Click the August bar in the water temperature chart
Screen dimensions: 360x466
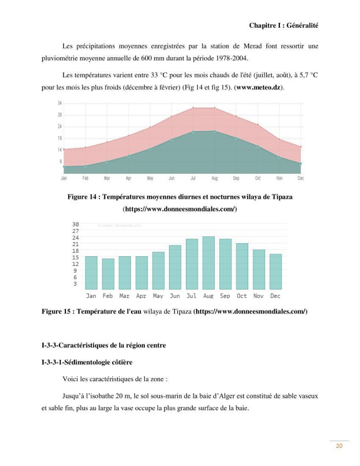(209, 263)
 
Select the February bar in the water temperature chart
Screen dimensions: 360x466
(108, 274)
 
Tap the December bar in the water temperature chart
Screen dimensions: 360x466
(276, 272)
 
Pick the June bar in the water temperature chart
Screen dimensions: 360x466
(175, 267)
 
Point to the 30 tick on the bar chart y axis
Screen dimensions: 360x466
(75, 225)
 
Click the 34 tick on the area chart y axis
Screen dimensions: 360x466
(60, 103)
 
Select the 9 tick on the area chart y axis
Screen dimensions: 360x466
(61, 161)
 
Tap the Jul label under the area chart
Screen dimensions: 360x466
(193, 178)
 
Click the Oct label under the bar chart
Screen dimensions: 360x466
(242, 296)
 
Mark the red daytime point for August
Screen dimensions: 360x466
(214, 108)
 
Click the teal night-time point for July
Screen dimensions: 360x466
(193, 131)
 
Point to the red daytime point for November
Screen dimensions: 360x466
(279, 139)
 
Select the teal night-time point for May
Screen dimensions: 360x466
(150, 149)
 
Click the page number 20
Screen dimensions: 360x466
(339, 446)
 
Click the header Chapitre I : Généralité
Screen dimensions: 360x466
(284, 26)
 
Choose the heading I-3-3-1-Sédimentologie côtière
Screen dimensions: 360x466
(87, 362)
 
